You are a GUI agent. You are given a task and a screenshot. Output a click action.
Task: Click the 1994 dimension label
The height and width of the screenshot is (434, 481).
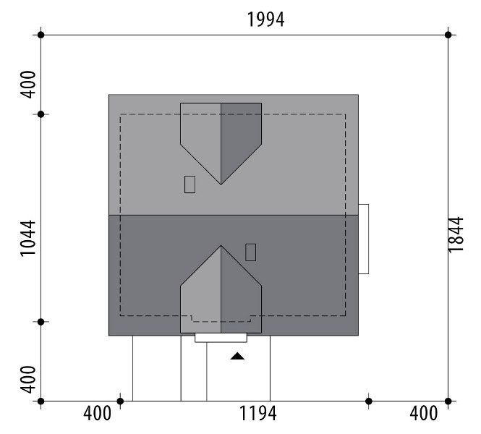tap(265, 20)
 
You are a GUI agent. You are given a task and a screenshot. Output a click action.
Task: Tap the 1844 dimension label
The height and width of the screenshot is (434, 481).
tap(456, 234)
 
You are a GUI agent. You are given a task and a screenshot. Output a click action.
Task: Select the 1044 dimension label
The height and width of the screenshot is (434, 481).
tap(27, 238)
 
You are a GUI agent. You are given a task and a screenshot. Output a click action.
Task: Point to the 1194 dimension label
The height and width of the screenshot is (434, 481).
tap(257, 413)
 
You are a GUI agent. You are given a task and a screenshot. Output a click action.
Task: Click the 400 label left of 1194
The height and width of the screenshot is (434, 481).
tap(97, 413)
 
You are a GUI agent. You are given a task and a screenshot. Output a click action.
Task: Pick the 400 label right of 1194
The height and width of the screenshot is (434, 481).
tap(424, 413)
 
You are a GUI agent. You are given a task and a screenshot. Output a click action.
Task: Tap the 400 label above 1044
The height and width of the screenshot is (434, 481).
tap(27, 85)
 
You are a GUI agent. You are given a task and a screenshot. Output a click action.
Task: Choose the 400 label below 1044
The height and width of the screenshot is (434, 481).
tap(27, 380)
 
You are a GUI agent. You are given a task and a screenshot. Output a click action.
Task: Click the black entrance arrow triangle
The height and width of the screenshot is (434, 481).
tap(237, 356)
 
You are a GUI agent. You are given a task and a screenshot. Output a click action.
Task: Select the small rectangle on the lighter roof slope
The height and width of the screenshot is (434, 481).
tap(190, 184)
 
